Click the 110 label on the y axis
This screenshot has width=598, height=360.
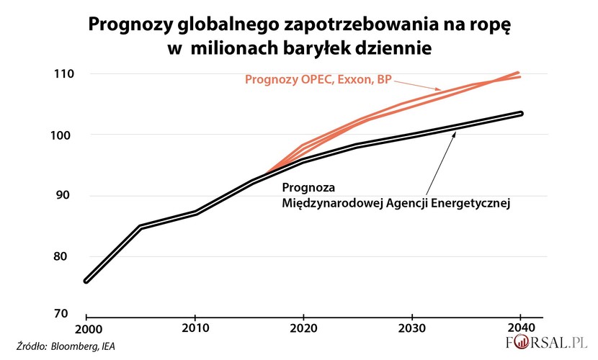coord(61,74)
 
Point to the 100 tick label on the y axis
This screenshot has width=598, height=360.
coord(61,135)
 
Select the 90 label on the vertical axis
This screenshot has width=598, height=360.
coord(63,196)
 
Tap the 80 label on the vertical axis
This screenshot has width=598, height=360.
coord(63,257)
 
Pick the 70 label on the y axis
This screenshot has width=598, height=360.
coord(63,314)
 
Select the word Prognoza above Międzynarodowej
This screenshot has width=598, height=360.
coord(307,189)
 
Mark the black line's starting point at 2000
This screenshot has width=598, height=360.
coord(86,281)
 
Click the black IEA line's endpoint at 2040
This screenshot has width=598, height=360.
coord(521,113)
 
